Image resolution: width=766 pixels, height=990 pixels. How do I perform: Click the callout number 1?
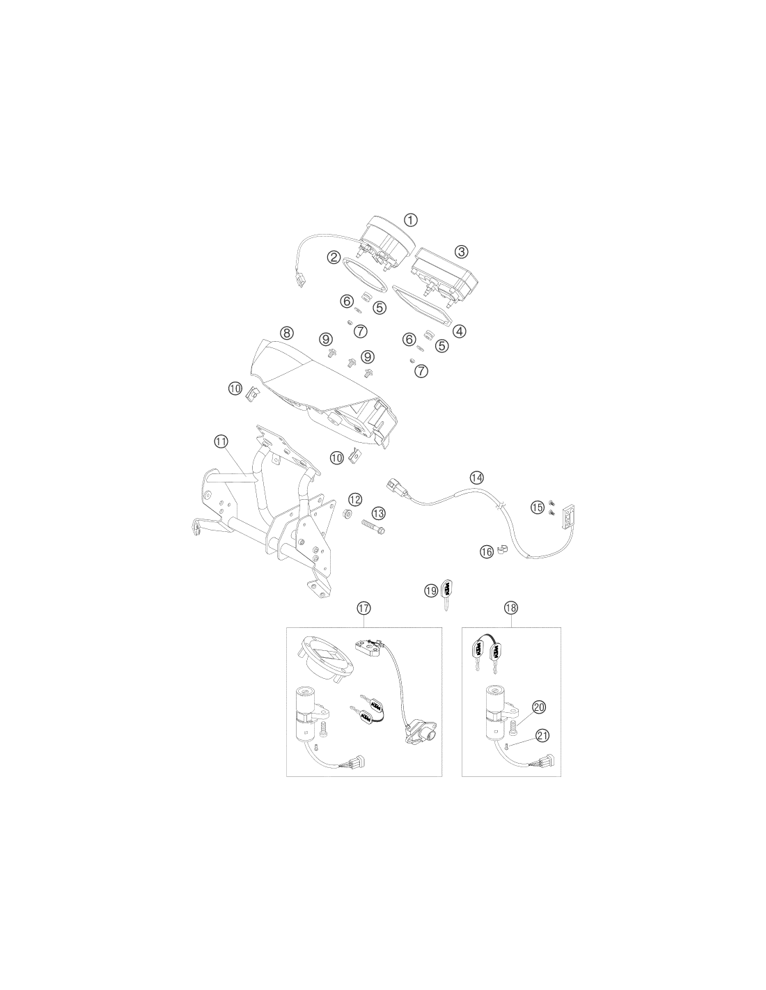(x=411, y=220)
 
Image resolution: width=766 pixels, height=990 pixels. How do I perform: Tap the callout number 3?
(x=462, y=251)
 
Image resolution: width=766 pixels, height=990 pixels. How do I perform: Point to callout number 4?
(x=460, y=331)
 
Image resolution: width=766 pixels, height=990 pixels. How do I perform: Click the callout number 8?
(x=286, y=333)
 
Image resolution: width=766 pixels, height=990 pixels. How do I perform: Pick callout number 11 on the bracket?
(x=221, y=441)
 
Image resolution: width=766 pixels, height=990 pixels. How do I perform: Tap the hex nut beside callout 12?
(x=346, y=514)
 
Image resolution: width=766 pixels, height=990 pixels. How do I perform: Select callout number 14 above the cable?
(x=476, y=478)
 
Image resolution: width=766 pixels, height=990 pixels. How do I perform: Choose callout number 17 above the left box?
(x=364, y=608)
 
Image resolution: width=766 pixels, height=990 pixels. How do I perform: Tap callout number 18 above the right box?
(x=511, y=607)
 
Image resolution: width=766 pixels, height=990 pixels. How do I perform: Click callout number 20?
(x=539, y=707)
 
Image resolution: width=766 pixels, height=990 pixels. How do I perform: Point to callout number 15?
(x=538, y=507)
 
